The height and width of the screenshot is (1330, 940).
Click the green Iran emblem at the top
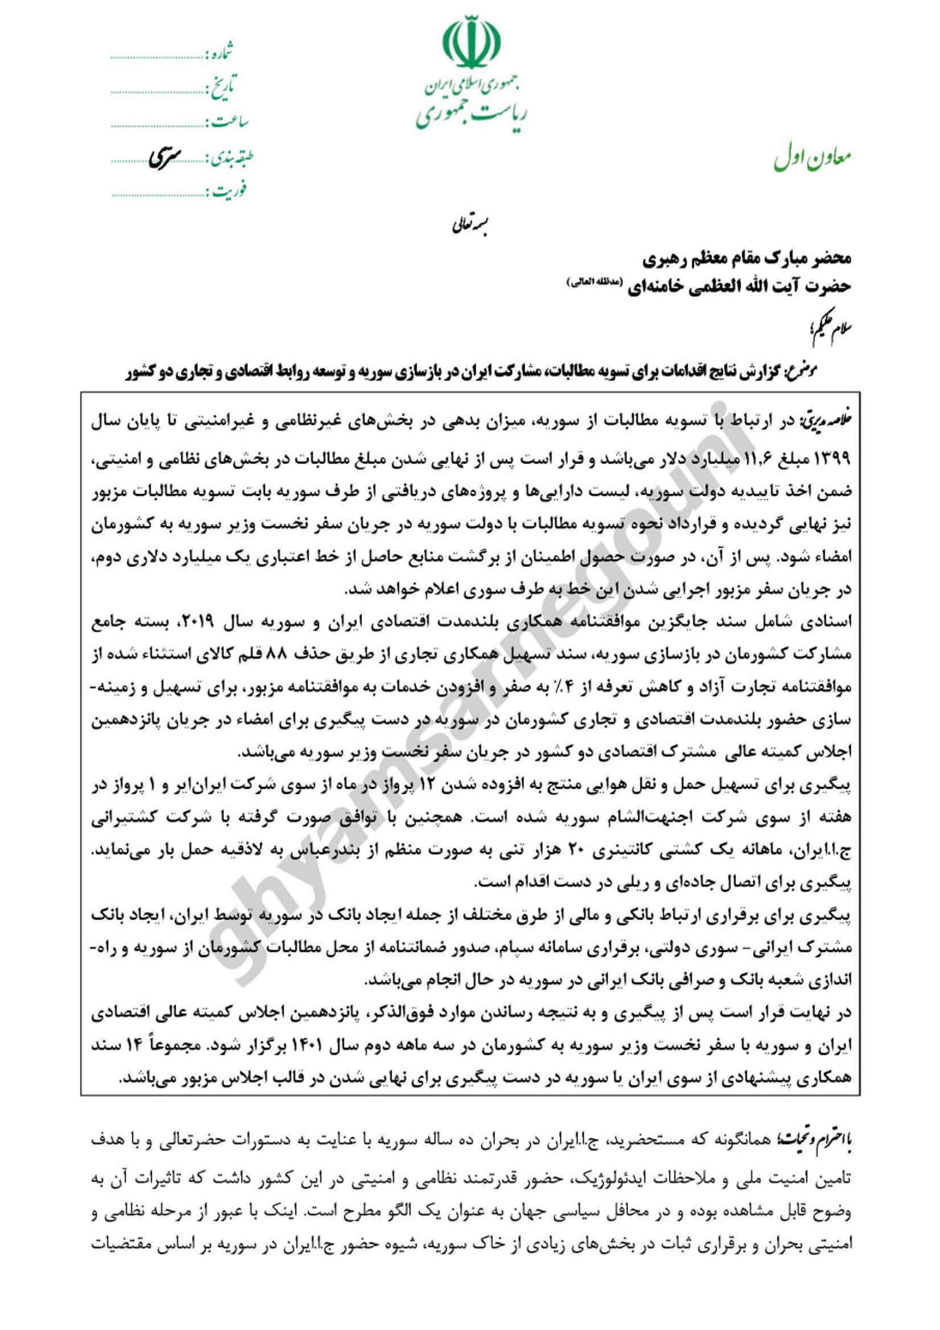point(471,43)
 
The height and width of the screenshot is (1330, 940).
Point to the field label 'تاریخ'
point(222,89)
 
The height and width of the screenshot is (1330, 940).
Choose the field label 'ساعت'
point(230,122)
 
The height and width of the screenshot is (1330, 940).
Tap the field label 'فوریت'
point(230,190)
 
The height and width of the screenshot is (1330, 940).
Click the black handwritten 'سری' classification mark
point(164,157)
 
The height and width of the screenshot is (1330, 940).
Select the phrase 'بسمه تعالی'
point(470,225)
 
